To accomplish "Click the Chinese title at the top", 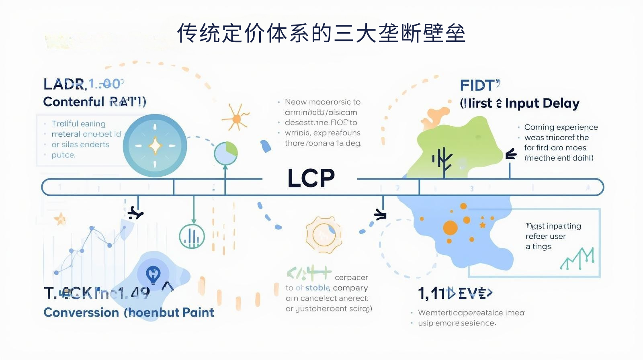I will tap(321, 33).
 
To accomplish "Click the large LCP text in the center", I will tap(311, 178).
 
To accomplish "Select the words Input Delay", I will tap(542, 104).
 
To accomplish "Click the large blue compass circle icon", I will tap(155, 146).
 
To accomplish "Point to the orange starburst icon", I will tap(236, 118).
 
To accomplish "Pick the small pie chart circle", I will tap(226, 153).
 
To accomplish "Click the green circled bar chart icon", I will tap(192, 236).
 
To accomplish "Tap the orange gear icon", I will tap(324, 235).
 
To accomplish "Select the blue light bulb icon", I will tap(153, 275).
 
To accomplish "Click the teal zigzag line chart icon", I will tap(577, 259).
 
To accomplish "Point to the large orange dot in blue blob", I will tap(450, 227).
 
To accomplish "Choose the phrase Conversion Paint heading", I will tap(129, 313).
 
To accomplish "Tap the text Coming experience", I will tap(561, 127).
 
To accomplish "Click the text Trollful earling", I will tap(78, 124).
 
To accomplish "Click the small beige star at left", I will tap(60, 219).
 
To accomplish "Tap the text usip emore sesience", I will tap(457, 323).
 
